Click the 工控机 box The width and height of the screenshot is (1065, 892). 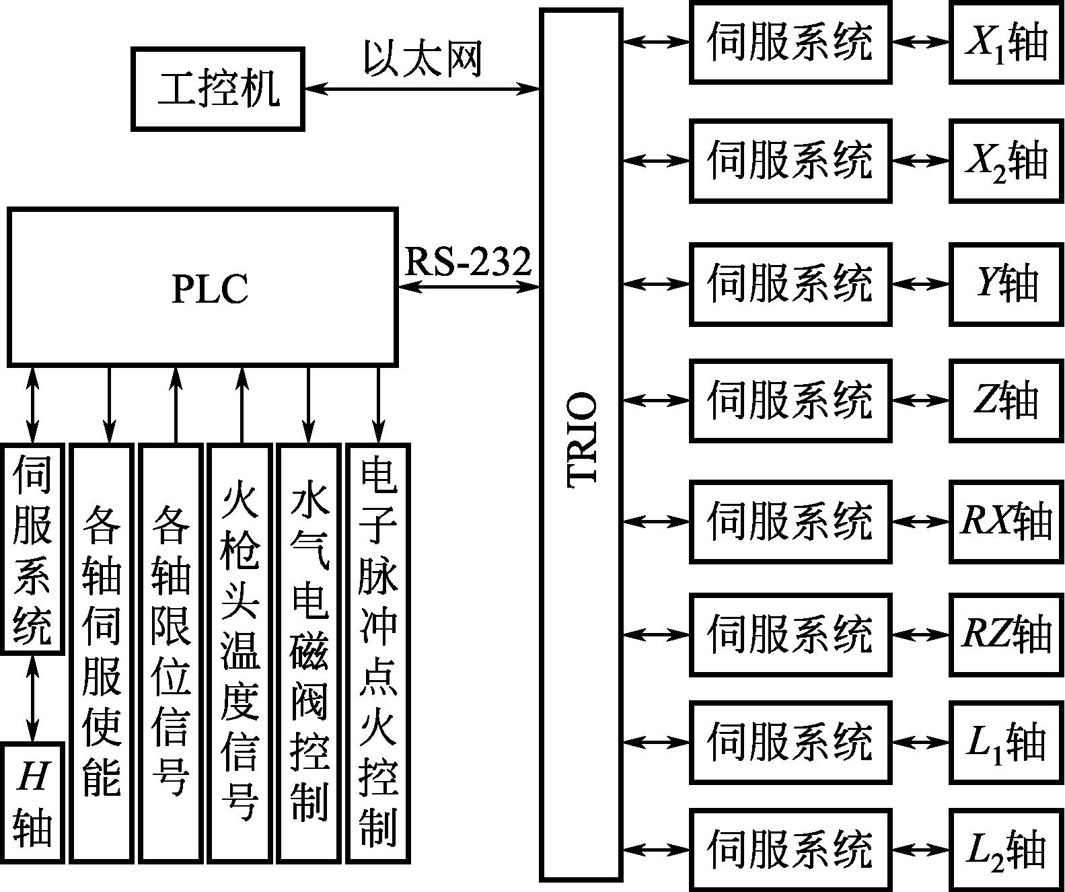[x=217, y=88]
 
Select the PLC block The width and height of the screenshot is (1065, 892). [x=203, y=287]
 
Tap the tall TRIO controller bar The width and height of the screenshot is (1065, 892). [x=581, y=444]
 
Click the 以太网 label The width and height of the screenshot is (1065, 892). [x=423, y=59]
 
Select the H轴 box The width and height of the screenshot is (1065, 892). [x=33, y=802]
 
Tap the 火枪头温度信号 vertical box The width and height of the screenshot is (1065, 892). [x=240, y=653]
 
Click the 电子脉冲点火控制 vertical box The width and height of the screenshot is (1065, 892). [x=377, y=653]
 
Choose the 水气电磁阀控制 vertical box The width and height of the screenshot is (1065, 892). [x=309, y=653]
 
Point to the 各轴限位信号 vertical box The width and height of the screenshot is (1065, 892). [x=171, y=653]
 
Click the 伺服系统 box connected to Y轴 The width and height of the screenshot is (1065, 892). [x=791, y=284]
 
